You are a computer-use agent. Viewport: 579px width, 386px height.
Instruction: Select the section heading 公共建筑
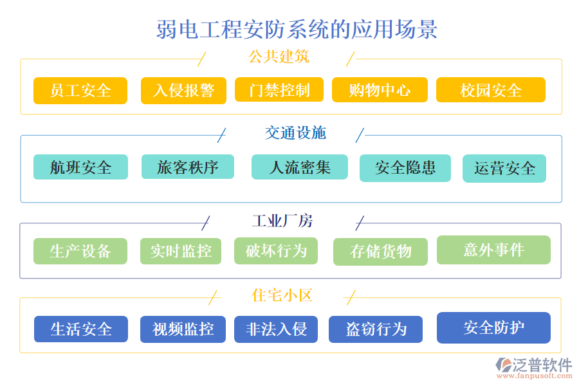pos(278,57)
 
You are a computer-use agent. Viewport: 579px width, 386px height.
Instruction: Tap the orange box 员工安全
pos(80,91)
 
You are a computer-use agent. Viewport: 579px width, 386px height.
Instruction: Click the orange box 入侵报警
pos(183,91)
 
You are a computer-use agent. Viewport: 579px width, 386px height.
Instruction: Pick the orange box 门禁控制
pos(280,90)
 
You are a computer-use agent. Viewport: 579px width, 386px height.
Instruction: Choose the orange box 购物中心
pos(380,90)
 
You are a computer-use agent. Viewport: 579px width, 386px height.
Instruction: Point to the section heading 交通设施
pos(295,133)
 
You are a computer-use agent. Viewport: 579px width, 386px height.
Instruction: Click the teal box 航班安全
pos(80,167)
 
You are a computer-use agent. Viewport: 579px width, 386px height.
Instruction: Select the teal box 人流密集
pos(299,167)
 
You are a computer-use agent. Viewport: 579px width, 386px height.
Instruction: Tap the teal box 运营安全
pos(504,169)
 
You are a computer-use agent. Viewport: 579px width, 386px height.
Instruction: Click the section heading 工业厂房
pos(282,221)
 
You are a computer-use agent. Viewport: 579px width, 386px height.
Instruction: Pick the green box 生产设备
pos(80,251)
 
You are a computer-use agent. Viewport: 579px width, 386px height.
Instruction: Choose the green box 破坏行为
pos(276,251)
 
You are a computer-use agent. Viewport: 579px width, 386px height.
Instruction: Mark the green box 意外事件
pos(493,250)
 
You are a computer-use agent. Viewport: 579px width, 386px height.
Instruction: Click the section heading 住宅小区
pos(282,295)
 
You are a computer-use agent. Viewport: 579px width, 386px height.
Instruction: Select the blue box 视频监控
pos(183,329)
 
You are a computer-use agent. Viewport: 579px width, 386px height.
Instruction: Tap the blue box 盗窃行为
pos(376,329)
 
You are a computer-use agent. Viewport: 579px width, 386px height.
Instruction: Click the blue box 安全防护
pos(493,327)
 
